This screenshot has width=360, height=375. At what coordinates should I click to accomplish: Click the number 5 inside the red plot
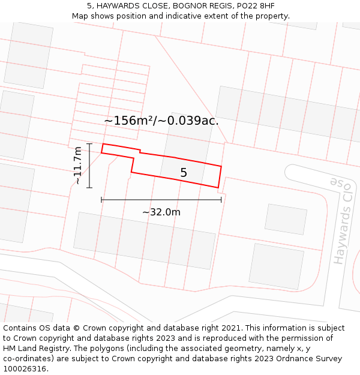click(184, 173)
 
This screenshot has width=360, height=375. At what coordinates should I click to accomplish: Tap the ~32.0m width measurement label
click(161, 212)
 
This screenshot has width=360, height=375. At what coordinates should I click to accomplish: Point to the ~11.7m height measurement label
click(77, 165)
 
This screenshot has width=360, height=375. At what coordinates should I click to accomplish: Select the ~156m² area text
click(130, 121)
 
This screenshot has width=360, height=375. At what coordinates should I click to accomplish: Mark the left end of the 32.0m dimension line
click(101, 199)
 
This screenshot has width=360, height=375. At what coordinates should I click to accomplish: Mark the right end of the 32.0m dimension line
click(221, 199)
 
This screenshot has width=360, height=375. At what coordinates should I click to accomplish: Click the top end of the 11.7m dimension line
click(89, 144)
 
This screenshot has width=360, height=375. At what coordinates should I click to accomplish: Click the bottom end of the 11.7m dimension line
click(89, 188)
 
